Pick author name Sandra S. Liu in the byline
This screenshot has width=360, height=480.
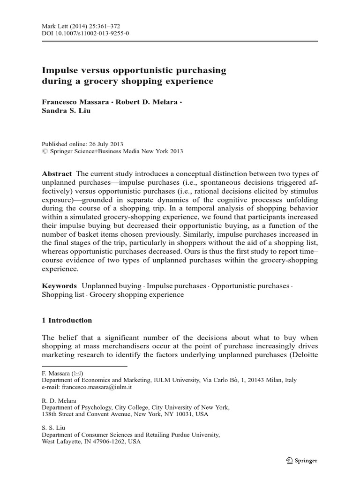[x=64, y=111]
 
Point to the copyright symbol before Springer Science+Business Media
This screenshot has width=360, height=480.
[x=45, y=151]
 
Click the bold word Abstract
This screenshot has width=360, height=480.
[x=57, y=173]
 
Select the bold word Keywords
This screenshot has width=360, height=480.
[x=59, y=285]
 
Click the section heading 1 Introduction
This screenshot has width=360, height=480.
[x=67, y=320]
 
